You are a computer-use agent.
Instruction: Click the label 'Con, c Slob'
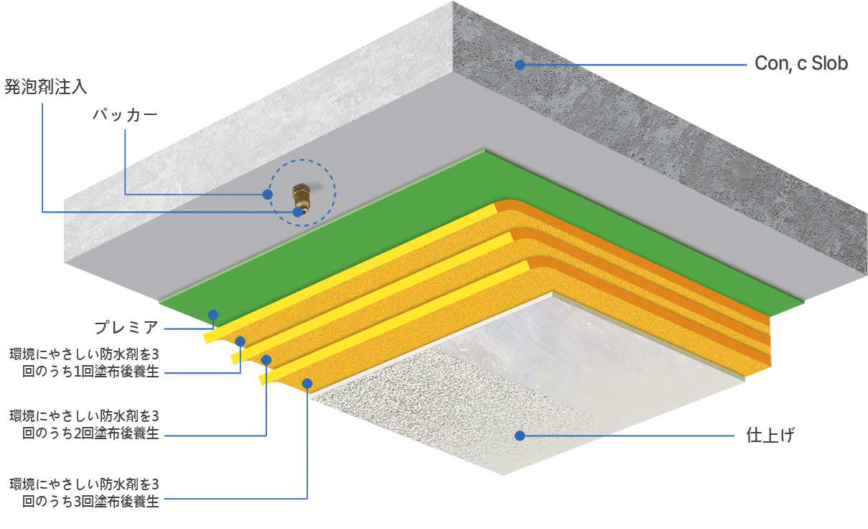pos(801,63)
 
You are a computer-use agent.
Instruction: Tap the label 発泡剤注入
pos(46,86)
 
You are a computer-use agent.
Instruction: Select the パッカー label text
pos(125,115)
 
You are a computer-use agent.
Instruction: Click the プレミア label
pos(126,328)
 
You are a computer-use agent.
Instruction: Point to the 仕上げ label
pos(770,435)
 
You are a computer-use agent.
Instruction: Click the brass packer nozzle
pos(301,199)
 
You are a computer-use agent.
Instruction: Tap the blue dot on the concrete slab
pos(520,65)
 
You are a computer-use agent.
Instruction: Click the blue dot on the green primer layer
pos(213,315)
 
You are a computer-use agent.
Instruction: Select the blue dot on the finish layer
pos(520,436)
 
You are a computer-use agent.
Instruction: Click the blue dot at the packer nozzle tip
pos(298,212)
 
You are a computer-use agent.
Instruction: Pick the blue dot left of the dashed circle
pos(267,194)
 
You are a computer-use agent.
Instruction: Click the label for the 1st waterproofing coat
pos(85,363)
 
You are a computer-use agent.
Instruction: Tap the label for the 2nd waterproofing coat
pos(85,425)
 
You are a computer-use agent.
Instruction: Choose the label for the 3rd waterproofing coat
pos(85,492)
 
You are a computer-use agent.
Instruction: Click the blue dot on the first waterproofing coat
pos(241,341)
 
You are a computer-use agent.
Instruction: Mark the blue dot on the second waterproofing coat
pos(266,360)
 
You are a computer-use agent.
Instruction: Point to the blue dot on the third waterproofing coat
pos(307,384)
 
